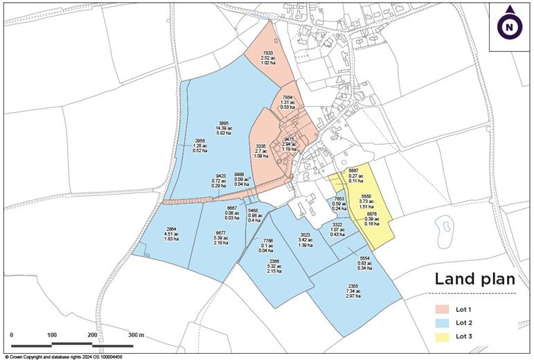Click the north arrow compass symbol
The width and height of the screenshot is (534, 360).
pos(510,26)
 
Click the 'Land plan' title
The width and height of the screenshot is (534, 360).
pos(474,280)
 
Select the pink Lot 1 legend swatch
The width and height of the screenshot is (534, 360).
pos(441,309)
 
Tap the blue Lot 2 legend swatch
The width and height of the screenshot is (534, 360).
pos(441,323)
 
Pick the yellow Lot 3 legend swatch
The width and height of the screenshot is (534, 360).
pos(441,336)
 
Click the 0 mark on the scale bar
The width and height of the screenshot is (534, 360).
pos(12,335)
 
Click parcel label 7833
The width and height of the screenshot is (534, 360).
pos(268,53)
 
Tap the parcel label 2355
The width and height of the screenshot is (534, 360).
pos(353,286)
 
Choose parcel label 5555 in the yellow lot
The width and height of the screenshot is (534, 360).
pos(367,196)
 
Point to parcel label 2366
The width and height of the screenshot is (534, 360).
pos(274,261)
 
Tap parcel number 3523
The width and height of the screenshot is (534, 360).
pos(305,235)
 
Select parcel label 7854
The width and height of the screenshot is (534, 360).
pos(288,97)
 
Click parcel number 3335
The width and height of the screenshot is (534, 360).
pos(260,146)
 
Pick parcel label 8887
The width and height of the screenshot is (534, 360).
pos(353,170)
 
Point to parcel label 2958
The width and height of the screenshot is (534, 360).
pos(200,141)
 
